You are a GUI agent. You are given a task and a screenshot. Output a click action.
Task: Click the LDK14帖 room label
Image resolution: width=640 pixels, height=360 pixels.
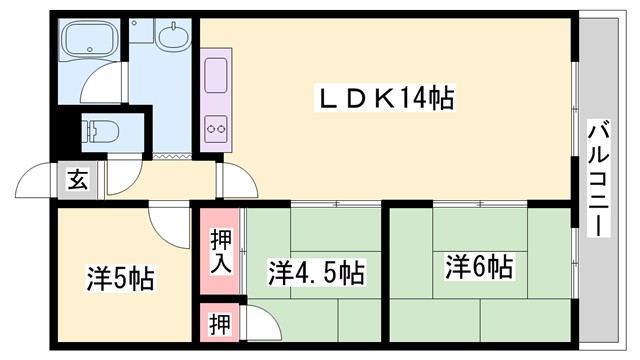point(385,98)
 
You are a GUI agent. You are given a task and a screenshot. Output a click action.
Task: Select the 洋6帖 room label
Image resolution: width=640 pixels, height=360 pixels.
point(479,267)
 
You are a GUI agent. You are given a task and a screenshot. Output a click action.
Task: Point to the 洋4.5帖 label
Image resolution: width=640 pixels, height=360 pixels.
point(315,272)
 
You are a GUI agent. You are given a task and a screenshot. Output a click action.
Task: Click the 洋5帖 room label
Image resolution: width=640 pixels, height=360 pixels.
point(120,277)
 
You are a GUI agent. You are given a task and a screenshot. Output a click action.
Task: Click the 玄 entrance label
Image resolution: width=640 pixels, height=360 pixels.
point(77,180)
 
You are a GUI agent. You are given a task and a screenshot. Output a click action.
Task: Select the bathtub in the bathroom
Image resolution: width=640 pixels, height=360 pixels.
point(90,43)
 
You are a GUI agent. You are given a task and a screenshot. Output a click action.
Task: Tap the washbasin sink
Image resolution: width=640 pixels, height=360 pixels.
point(173,38)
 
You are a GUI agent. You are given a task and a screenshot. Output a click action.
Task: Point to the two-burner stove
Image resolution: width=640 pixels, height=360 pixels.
point(216,128)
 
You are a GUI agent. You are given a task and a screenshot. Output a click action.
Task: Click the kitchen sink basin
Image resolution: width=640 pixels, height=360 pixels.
point(216,78)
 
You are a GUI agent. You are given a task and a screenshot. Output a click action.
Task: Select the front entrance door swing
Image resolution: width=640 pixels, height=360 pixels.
point(36,180)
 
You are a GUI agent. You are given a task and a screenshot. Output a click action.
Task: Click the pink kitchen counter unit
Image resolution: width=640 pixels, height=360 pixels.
point(216,101)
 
